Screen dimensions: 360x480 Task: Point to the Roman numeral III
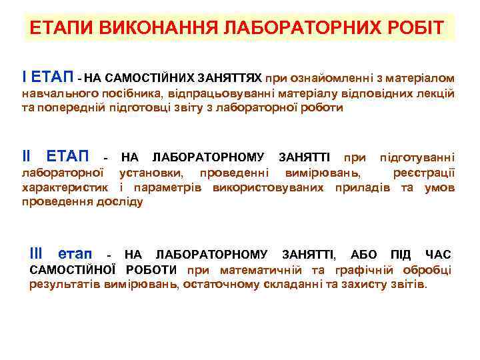[37, 254]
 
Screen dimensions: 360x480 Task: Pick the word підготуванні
[417, 158]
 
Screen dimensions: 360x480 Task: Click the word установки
[153, 173]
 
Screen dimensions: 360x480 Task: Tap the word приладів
[369, 187]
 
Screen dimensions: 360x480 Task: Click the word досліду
[121, 201]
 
